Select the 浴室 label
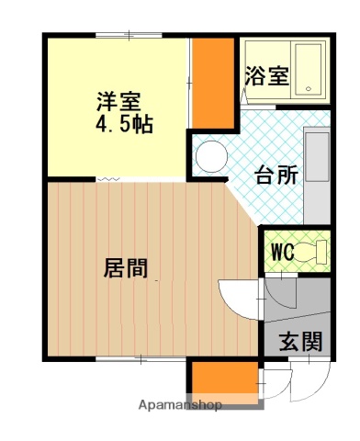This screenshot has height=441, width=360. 266,76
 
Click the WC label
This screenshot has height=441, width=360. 281,252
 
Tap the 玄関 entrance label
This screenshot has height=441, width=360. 299,342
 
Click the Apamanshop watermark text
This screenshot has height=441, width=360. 181,404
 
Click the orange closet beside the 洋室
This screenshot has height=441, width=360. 212,83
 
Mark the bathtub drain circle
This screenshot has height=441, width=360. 309,90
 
